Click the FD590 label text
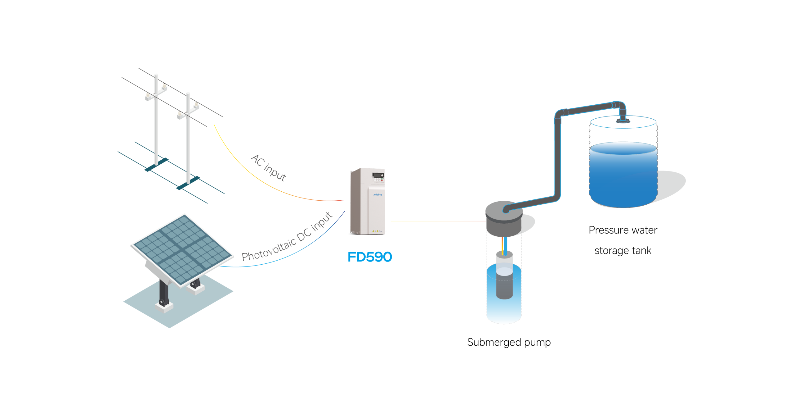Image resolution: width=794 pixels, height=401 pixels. (x=370, y=257)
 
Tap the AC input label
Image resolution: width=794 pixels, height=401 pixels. (x=269, y=168)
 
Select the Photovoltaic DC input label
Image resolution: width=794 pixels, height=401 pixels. (x=287, y=238)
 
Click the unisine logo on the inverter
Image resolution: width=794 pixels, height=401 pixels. (x=377, y=195)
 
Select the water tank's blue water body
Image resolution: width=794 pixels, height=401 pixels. (x=623, y=177)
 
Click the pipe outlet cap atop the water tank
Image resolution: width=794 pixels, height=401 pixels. (x=622, y=120)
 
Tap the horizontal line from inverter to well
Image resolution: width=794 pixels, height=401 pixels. (x=437, y=221)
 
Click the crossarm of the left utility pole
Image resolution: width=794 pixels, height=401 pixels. (x=156, y=93)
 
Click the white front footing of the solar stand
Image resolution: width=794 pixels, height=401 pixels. (x=164, y=307)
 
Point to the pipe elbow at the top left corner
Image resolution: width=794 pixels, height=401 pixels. (x=558, y=115)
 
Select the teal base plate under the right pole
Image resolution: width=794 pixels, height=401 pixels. (x=188, y=183)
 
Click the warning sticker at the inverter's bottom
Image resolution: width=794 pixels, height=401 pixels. (x=377, y=231)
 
